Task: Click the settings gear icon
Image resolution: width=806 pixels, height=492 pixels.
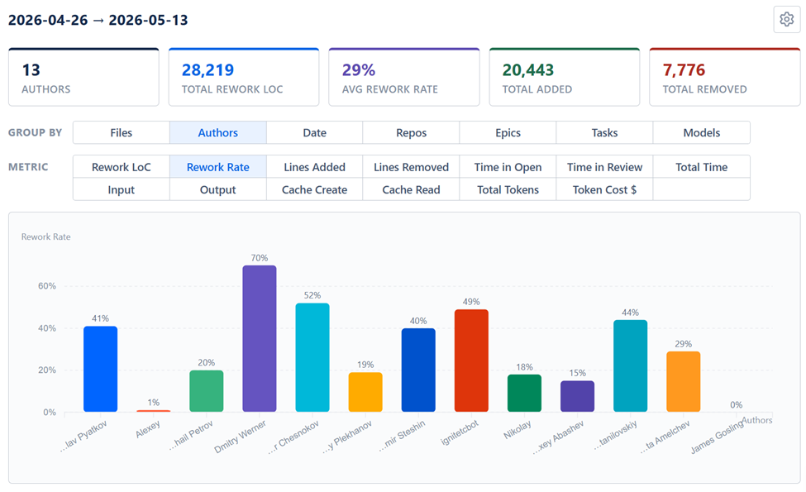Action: click(x=786, y=20)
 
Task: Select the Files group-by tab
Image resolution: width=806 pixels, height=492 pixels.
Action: click(x=122, y=132)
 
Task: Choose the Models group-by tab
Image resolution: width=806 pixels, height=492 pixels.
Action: click(x=702, y=132)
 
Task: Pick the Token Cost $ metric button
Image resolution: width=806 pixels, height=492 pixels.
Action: click(x=604, y=189)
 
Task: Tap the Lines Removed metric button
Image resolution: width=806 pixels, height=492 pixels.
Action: click(x=411, y=167)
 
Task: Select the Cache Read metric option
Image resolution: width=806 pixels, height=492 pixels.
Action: click(x=411, y=189)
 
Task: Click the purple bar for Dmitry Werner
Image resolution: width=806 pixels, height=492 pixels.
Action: click(x=260, y=339)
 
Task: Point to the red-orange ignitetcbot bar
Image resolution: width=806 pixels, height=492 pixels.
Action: click(x=471, y=361)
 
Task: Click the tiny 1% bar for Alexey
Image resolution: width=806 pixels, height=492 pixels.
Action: click(x=153, y=411)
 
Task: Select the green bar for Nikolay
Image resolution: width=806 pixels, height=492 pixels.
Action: click(x=524, y=394)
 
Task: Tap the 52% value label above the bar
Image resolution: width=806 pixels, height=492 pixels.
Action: click(x=312, y=295)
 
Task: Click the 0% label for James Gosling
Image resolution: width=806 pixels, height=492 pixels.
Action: click(x=736, y=405)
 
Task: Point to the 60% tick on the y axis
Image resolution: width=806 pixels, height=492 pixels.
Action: click(x=47, y=286)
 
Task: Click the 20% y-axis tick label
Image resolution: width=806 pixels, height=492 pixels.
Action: click(x=47, y=370)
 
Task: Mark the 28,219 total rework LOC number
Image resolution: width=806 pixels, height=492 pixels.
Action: click(x=207, y=70)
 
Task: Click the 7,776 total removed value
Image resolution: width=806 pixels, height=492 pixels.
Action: click(x=684, y=70)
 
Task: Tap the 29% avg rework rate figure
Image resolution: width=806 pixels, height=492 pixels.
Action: click(x=359, y=70)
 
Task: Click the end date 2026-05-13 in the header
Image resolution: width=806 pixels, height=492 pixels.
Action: click(x=148, y=20)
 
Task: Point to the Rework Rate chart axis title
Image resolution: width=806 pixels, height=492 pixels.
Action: click(x=45, y=237)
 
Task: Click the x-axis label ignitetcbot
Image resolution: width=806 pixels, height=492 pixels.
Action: click(x=460, y=432)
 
